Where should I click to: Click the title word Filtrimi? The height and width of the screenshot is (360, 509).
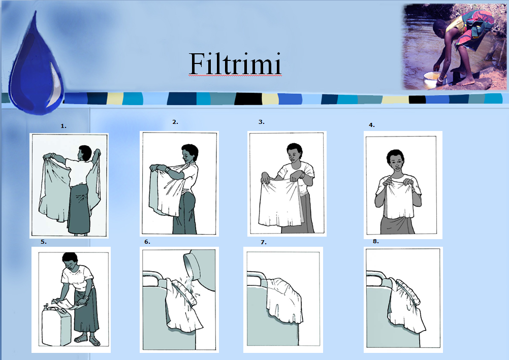point(235,64)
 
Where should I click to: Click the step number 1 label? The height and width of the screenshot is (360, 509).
point(63,125)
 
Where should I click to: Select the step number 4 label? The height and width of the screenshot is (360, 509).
point(371,124)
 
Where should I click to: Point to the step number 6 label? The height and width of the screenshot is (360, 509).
point(147,242)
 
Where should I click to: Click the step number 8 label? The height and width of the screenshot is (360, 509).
point(375,241)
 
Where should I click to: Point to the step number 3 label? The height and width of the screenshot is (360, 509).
point(261,122)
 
